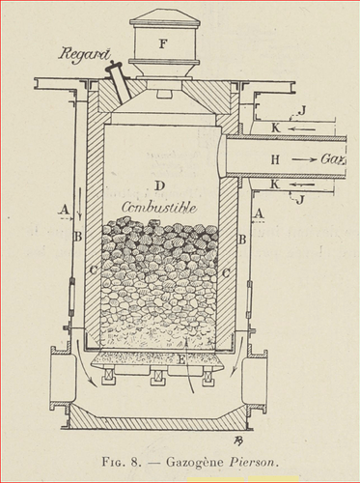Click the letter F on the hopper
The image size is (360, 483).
[x=163, y=43]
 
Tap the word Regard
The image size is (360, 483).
[x=84, y=54]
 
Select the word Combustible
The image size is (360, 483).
[x=159, y=208]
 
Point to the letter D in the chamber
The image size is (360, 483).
[x=159, y=185]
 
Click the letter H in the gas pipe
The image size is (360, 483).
[x=275, y=159]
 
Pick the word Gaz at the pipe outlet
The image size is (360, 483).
[x=333, y=159]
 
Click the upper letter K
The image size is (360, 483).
[x=275, y=128]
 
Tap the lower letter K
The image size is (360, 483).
[x=275, y=185]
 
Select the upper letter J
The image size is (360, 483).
[x=301, y=110]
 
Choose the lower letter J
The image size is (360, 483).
[x=300, y=200]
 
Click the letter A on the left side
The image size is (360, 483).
[x=65, y=210]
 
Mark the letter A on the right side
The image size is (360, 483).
[x=259, y=213]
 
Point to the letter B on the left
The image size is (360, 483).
[x=78, y=237]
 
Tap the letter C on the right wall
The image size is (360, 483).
[x=226, y=273]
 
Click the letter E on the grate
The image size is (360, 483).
[x=181, y=359]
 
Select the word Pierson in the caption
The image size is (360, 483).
[x=252, y=462]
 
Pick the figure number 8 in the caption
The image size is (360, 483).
[x=134, y=462]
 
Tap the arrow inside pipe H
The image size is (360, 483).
[x=304, y=159]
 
